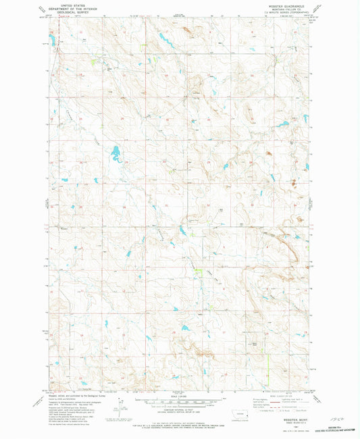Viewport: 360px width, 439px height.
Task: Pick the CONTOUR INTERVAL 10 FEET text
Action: click(x=178, y=410)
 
